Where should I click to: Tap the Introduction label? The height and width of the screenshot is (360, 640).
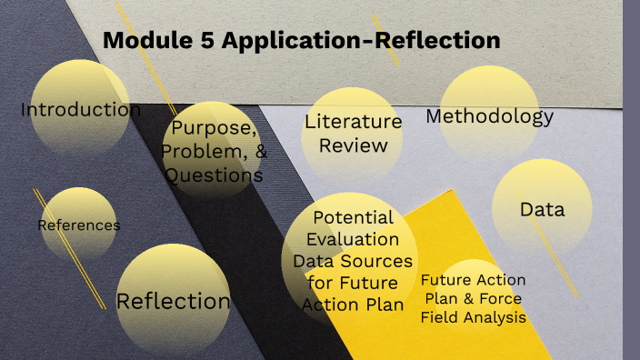pyautogui.click(x=81, y=110)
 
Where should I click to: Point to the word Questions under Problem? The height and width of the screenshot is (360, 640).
pyautogui.click(x=215, y=175)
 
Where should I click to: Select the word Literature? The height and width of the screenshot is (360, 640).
pyautogui.click(x=353, y=121)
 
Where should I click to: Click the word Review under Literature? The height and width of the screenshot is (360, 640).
pyautogui.click(x=353, y=145)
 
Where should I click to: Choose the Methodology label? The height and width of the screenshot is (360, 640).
pyautogui.click(x=489, y=116)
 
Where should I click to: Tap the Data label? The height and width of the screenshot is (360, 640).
pyautogui.click(x=542, y=210)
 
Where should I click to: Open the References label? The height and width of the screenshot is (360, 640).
pyautogui.click(x=78, y=225)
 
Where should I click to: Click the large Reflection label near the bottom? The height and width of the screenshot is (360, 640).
pyautogui.click(x=174, y=301)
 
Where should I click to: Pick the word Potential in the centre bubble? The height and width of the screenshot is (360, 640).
pyautogui.click(x=353, y=218)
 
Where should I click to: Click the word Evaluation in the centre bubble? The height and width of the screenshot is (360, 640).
pyautogui.click(x=353, y=240)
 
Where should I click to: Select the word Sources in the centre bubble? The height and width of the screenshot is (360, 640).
pyautogui.click(x=374, y=262)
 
